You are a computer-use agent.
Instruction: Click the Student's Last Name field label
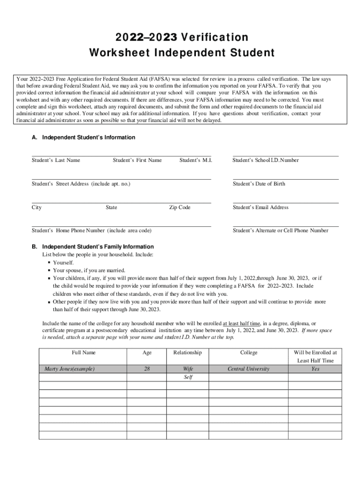point(56,160)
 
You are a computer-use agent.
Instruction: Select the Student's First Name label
point(137,160)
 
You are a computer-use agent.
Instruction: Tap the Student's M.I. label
point(195,160)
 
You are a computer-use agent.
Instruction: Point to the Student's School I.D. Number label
point(266,160)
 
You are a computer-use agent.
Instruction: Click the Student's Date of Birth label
point(259,184)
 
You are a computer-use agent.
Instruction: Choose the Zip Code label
point(180,207)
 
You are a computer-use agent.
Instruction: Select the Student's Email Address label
point(260,207)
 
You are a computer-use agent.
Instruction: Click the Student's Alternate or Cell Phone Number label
point(281,231)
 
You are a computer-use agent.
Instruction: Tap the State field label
point(111,207)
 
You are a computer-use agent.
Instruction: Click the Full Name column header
point(84,353)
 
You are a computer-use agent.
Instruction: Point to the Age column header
point(147,353)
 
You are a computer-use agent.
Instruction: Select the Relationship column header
point(187,353)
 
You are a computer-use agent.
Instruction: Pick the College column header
point(249,353)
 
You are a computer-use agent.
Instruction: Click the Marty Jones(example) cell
point(69,369)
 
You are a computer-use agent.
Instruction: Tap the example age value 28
point(147,369)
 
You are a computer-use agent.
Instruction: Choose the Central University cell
point(248,369)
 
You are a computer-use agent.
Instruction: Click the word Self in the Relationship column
point(188,377)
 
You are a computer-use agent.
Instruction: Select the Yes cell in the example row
point(315,369)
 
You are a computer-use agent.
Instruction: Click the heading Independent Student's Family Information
point(98,247)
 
